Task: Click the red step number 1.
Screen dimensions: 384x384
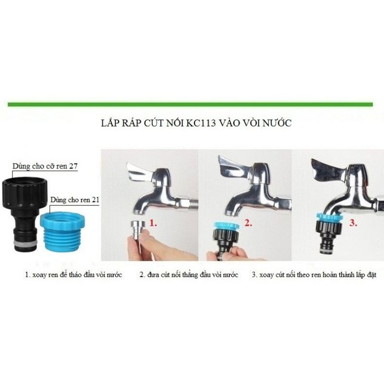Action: [x=153, y=223]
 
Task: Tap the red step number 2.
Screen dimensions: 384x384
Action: [x=248, y=223]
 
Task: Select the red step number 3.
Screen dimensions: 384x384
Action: [x=353, y=223]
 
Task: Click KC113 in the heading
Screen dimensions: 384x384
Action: [x=201, y=123]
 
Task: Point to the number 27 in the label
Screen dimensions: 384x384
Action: [x=73, y=166]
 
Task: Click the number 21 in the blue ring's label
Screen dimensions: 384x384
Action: [x=95, y=200]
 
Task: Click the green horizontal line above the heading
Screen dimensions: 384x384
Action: [x=190, y=105]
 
